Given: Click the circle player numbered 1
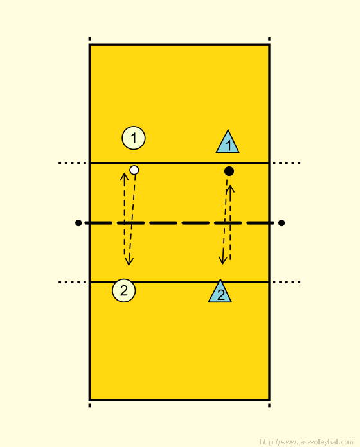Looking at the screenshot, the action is pos(134,138).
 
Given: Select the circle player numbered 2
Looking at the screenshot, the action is pos(124,290).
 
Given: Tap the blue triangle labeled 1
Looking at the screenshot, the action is pos(228,142).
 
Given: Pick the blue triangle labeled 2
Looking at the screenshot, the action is pos(220,291).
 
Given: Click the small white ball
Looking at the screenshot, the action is pos(134,170).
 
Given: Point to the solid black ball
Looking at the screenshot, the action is pos(229,171).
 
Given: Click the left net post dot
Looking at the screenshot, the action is pos(78,223).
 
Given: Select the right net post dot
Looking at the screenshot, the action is pos(282,223).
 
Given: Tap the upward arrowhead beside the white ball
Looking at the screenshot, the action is pos(124,176).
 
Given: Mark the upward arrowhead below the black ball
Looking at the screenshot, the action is pos(231,188).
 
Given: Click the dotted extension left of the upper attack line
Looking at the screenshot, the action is pos(73,163).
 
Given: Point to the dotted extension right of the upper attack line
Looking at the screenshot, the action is pos(287,163).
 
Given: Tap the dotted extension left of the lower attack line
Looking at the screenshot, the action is pos(73,282).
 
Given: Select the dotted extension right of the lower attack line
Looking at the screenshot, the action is pos(287,282).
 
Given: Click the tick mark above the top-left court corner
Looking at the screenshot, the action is pos(89,39).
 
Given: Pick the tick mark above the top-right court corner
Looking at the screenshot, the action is pos(269,39).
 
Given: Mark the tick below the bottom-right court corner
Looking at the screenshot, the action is pos(269,405).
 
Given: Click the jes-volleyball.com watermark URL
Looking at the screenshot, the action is pos(307,442).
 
